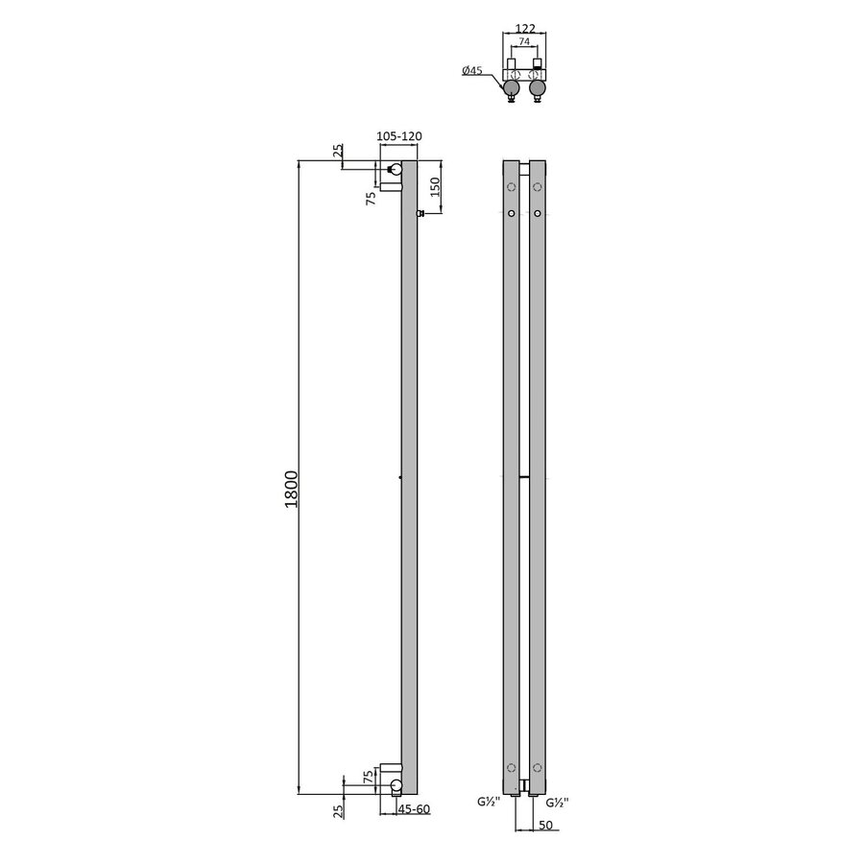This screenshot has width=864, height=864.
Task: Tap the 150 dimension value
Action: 434,186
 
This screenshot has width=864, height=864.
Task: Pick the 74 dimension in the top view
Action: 524,43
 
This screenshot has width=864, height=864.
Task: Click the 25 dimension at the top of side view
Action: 337,152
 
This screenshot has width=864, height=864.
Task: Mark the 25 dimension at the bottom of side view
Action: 337,812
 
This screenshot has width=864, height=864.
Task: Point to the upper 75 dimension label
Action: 371,198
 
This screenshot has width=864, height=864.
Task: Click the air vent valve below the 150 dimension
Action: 420,213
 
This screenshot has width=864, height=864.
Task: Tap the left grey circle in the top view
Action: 513,90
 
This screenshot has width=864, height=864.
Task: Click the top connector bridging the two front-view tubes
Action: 524,168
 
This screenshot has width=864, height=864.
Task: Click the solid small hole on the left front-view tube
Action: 512,212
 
